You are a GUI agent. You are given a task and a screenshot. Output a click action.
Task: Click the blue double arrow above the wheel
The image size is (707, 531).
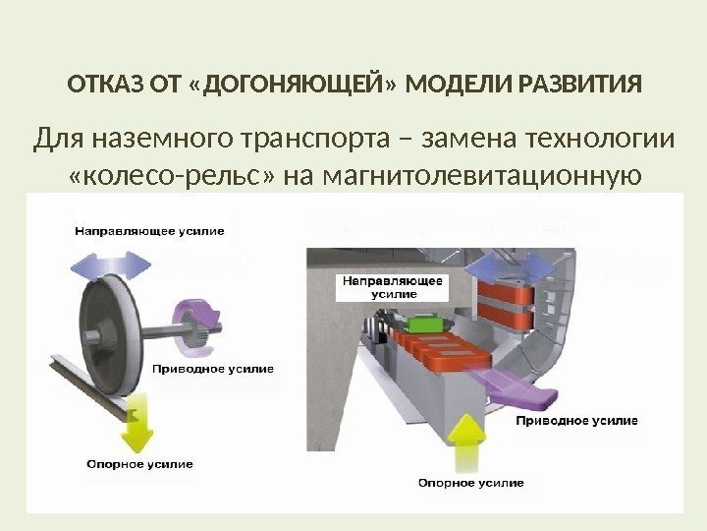(x=110, y=264)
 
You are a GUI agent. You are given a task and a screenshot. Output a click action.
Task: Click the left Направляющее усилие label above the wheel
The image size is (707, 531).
(x=149, y=231)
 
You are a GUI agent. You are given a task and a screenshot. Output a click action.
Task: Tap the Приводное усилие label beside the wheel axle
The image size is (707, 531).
(x=213, y=370)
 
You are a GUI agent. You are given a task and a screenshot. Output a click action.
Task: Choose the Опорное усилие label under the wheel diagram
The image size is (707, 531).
(x=139, y=464)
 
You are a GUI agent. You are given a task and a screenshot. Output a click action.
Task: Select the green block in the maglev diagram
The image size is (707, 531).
(x=427, y=324)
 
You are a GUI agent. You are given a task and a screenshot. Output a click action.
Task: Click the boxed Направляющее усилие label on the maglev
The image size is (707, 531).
(x=392, y=286)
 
